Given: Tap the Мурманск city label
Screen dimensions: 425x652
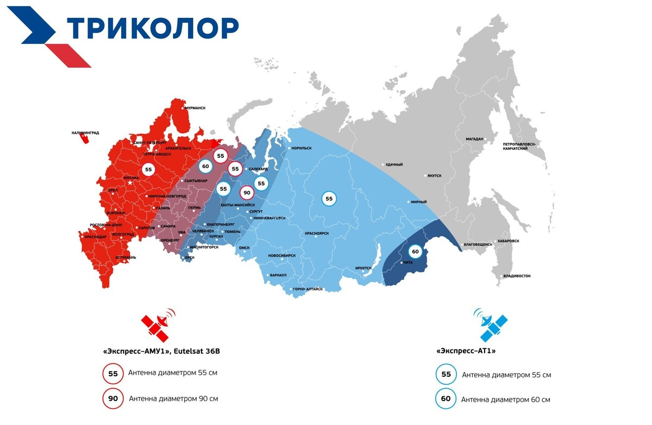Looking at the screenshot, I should (x=195, y=108).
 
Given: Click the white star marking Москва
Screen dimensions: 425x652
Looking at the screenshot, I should (x=130, y=183).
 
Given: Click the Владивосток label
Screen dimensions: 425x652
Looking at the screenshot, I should (x=517, y=276).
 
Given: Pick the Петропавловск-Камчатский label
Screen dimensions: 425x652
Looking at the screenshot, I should (x=519, y=146).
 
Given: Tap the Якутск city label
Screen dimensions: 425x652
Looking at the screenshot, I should (x=435, y=176).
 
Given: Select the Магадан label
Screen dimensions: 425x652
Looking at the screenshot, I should (x=474, y=139).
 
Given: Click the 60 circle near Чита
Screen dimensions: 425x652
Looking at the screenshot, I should (x=415, y=251).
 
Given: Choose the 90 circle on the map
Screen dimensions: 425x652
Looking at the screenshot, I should (x=247, y=192).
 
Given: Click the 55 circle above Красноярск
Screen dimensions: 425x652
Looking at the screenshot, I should (x=329, y=199).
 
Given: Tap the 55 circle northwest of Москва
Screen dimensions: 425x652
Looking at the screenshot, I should (x=148, y=169).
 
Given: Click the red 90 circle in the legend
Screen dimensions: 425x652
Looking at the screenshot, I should (x=113, y=399).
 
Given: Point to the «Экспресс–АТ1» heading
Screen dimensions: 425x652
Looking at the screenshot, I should (x=466, y=351).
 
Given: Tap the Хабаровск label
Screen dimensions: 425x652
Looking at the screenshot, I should (x=507, y=241).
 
